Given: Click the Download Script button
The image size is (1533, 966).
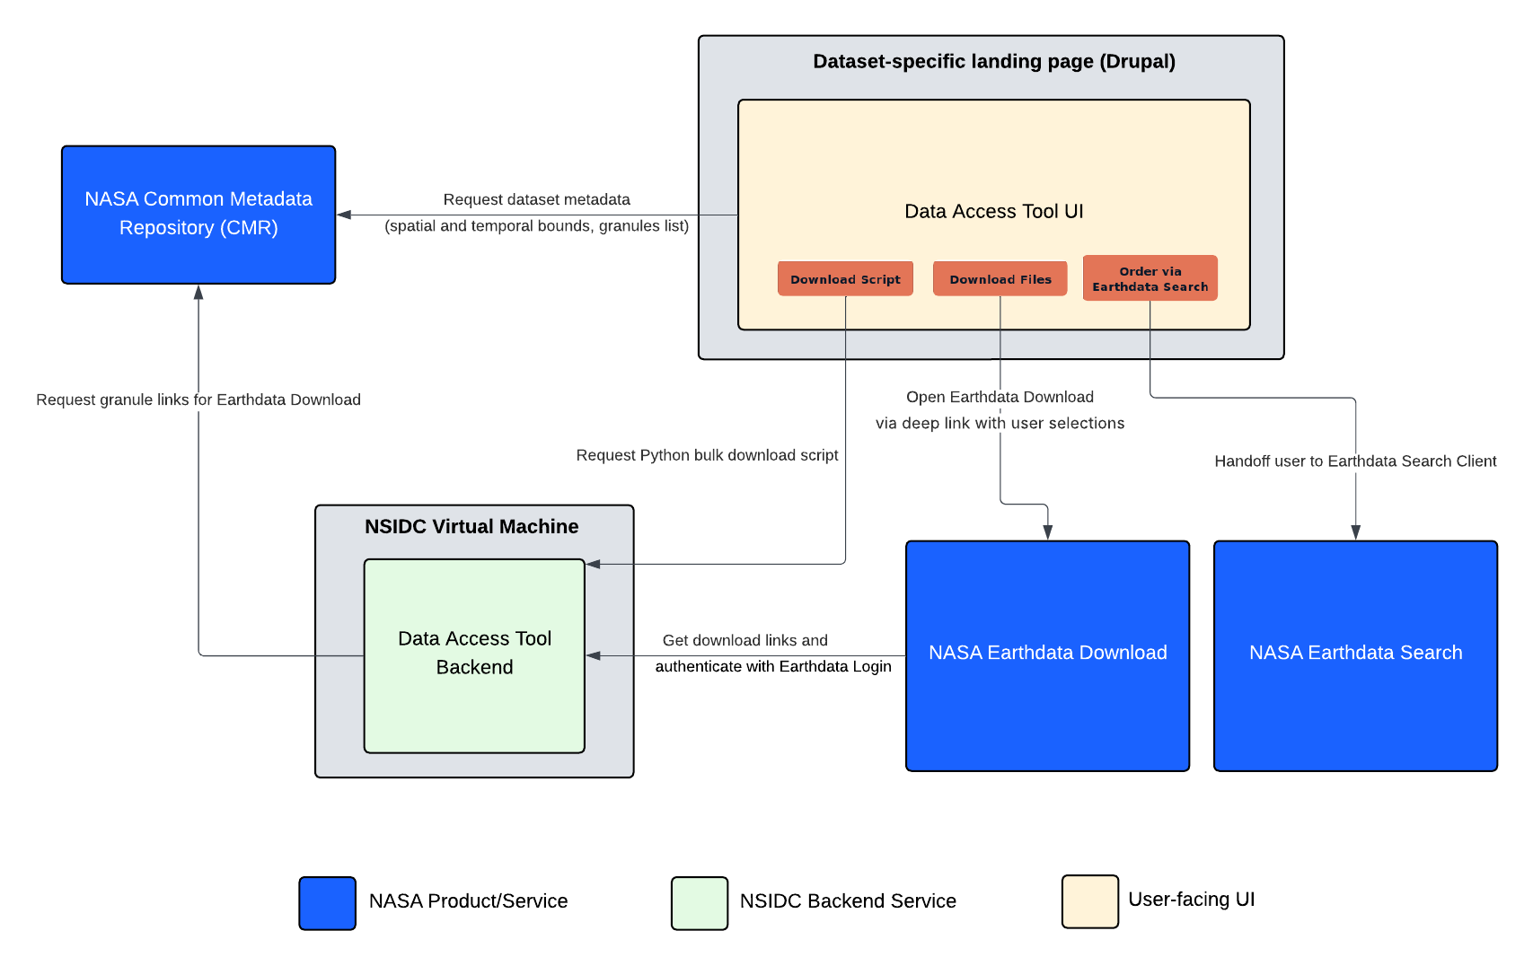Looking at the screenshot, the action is tap(845, 279).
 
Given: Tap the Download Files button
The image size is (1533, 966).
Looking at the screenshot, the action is tap(1000, 279).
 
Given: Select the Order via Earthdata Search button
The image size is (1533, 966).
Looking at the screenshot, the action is tap(1150, 278).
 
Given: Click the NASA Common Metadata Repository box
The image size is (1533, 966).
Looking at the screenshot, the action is tap(198, 215).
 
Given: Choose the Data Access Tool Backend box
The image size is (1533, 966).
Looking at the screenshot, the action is tap(474, 656).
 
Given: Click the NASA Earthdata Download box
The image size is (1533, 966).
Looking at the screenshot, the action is tap(1048, 656).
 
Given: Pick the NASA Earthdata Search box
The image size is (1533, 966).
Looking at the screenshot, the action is tap(1356, 656).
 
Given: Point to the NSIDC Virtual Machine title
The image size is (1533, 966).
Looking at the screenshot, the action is tap(471, 526).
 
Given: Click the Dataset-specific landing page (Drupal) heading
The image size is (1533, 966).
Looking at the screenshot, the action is tap(994, 62).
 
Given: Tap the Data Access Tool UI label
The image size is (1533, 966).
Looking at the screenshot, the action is tap(994, 211).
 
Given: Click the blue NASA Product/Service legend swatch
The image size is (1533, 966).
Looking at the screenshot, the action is tap(327, 903).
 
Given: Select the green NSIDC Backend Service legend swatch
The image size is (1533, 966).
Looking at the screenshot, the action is tap(700, 903).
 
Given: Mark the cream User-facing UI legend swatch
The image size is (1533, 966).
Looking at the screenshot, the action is tap(1090, 901).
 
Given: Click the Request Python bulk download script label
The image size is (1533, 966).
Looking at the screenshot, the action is tap(707, 456).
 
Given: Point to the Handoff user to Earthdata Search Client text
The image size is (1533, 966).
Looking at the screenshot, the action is tap(1355, 461).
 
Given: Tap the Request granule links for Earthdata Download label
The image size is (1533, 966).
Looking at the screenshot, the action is tap(198, 400).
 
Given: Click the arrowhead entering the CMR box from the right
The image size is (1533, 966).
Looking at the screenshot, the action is tap(344, 215).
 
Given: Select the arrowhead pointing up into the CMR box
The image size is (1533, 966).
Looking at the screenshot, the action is tap(198, 292).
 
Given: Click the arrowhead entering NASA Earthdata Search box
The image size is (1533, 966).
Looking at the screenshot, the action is tap(1356, 532).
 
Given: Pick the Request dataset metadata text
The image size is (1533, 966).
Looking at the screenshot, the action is tap(536, 200).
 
